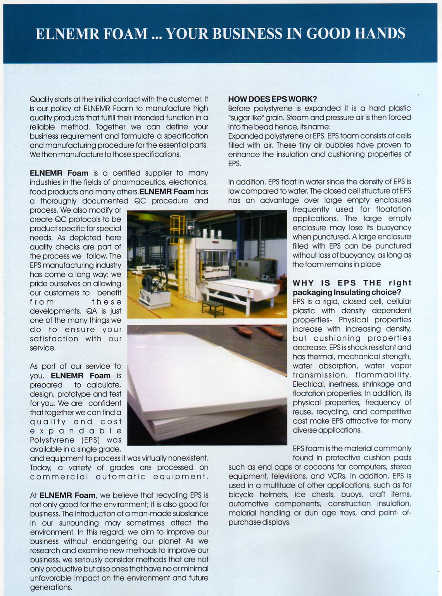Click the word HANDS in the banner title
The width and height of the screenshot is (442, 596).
[380, 34]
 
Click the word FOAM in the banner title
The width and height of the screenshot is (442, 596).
[125, 34]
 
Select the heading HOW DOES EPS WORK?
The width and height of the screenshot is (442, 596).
[273, 99]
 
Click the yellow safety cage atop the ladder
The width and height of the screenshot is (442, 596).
[177, 224]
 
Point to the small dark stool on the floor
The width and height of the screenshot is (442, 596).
[213, 307]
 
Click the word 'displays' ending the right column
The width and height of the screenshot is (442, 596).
[276, 522]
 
